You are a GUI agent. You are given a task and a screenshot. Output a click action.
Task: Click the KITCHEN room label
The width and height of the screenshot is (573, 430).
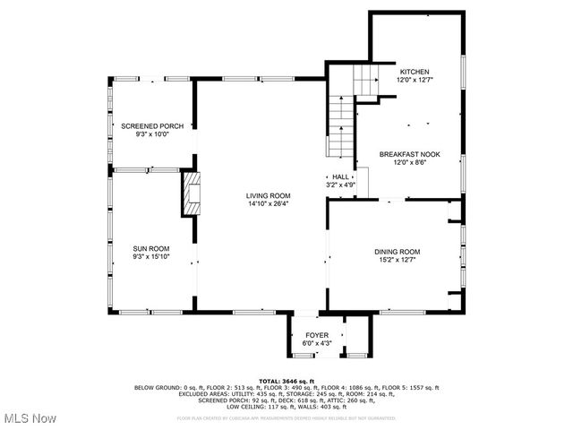[414, 72]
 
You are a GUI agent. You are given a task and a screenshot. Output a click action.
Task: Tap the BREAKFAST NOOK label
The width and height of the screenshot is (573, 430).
[408, 154]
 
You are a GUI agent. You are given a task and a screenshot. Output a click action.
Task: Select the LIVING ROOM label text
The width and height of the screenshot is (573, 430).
[269, 195]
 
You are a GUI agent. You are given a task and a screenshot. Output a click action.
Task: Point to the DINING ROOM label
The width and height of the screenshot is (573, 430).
[397, 252]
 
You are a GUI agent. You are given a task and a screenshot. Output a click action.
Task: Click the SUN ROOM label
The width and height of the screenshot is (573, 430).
[151, 248]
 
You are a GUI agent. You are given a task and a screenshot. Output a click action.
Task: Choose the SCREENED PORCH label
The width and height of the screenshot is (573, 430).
[152, 126]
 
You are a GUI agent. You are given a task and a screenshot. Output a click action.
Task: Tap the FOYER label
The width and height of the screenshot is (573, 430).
[317, 335]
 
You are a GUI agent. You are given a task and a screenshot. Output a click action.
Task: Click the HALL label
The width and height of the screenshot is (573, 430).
[340, 177]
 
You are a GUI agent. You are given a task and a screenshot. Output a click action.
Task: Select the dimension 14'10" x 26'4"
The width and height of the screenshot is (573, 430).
[269, 203]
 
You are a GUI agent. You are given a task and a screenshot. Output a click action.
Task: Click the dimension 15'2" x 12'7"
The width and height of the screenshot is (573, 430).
[397, 260]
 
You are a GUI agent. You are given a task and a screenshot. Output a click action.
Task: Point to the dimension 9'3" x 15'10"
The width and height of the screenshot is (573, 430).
[151, 256]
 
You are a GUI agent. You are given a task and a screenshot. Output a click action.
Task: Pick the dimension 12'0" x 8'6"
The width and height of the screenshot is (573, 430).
[408, 162]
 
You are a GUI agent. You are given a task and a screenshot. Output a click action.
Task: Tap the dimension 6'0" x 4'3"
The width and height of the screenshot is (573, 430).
[317, 343]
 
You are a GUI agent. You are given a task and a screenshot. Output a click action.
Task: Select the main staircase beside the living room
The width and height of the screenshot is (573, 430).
[340, 125]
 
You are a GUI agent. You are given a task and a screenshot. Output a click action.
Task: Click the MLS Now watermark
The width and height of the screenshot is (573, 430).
[29, 418]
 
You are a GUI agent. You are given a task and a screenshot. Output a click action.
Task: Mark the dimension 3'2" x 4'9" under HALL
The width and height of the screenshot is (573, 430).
[340, 185]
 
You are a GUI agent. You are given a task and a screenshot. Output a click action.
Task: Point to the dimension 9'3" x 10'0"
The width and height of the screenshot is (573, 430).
[152, 134]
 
